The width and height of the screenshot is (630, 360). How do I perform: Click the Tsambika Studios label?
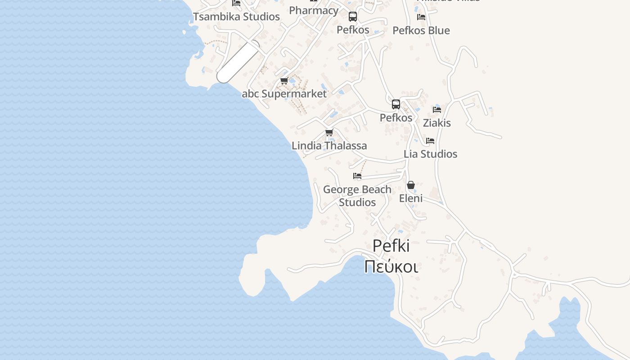click(x=236, y=17)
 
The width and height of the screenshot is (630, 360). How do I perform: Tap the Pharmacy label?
click(x=314, y=10)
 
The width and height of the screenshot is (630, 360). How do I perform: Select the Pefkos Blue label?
click(x=421, y=31)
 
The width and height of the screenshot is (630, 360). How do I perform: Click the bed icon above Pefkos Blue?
click(x=421, y=17)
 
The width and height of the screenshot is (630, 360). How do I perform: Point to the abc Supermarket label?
click(x=284, y=94)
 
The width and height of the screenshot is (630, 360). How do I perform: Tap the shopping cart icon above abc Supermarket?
click(x=284, y=81)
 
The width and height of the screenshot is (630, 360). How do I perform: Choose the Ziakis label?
click(x=436, y=123)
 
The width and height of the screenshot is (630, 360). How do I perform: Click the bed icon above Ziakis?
click(x=436, y=109)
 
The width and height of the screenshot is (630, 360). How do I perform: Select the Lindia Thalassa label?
click(x=329, y=146)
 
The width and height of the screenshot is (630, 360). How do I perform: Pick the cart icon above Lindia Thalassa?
click(x=329, y=133)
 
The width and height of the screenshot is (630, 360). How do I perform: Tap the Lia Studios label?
click(x=430, y=154)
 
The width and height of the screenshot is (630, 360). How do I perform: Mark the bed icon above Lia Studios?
click(x=430, y=141)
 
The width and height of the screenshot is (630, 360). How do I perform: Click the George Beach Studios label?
click(x=357, y=196)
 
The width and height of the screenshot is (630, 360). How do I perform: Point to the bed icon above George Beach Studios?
click(x=357, y=176)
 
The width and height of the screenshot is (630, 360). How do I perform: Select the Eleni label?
click(x=411, y=198)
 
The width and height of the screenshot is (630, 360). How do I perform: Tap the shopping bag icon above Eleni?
click(x=411, y=185)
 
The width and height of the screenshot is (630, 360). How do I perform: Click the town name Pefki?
click(x=391, y=246)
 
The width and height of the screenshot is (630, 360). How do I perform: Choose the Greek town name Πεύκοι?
click(x=391, y=266)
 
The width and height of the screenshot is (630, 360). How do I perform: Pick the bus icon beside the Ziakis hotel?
click(x=396, y=104)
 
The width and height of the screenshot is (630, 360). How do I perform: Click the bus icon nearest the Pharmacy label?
click(x=353, y=17)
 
